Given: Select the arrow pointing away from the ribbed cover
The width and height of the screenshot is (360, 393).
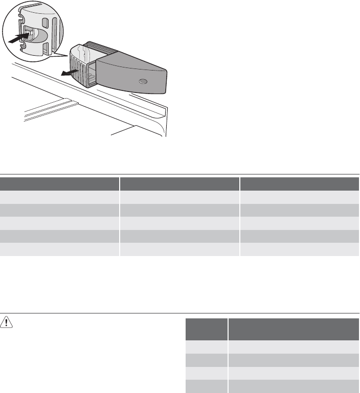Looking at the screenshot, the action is [66, 74].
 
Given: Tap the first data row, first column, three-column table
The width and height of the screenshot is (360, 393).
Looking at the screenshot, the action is [59, 197].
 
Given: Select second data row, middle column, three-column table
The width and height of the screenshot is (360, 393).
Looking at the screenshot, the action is [179, 210].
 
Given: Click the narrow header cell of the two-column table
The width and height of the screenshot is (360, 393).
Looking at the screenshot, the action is [206, 329].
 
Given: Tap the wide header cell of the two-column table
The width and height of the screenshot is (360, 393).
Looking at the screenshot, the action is [294, 329].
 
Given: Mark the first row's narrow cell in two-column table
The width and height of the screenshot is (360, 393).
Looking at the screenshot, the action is [206, 347].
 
